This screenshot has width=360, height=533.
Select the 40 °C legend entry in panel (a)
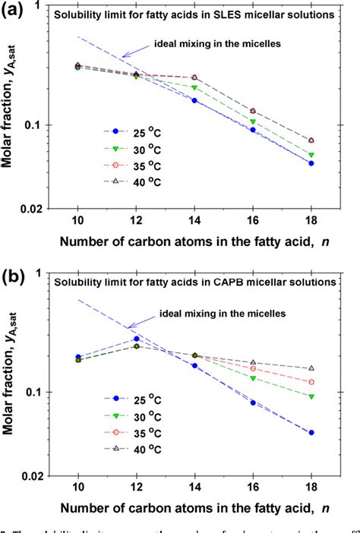tap(130, 181)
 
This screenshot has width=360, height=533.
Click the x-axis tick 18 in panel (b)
tap(311, 487)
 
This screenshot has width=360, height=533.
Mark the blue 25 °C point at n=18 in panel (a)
tap(311, 163)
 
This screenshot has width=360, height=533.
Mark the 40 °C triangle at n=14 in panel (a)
tap(194, 77)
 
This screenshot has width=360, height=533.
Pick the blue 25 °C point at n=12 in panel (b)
tap(136, 339)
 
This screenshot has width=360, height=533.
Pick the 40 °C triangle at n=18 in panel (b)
tap(311, 368)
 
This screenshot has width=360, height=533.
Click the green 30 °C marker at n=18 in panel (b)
tap(311, 396)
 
